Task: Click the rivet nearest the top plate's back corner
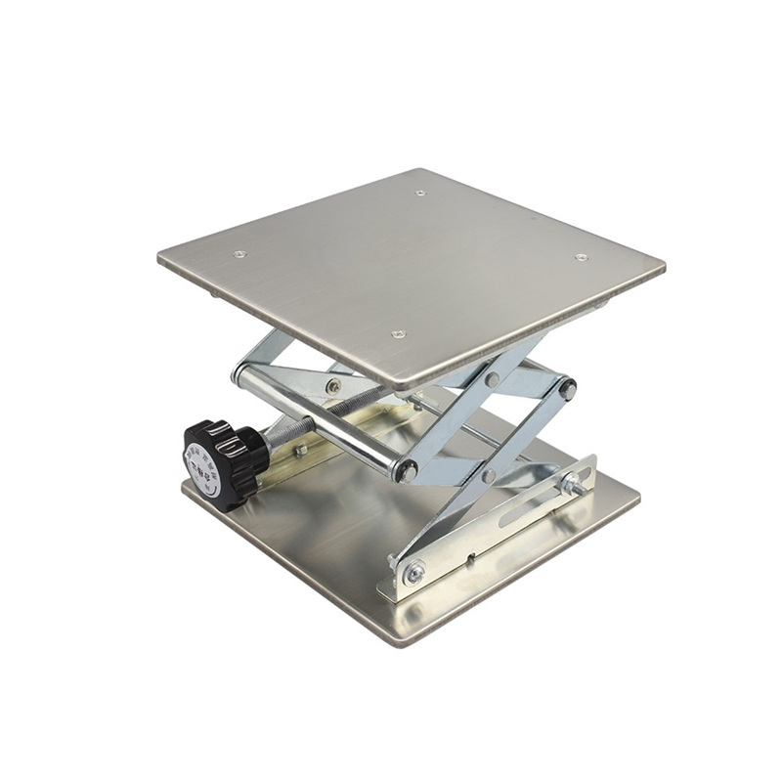pos(420,194)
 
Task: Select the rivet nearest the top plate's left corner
pos(239,254)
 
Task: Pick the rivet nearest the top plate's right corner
pos(581,257)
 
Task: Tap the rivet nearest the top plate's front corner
pos(398,333)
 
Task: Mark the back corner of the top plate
pos(422,170)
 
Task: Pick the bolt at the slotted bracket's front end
pos(414,574)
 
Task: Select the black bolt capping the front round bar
pos(407,471)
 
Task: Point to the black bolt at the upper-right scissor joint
pos(567,389)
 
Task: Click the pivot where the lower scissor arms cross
pos(489,476)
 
